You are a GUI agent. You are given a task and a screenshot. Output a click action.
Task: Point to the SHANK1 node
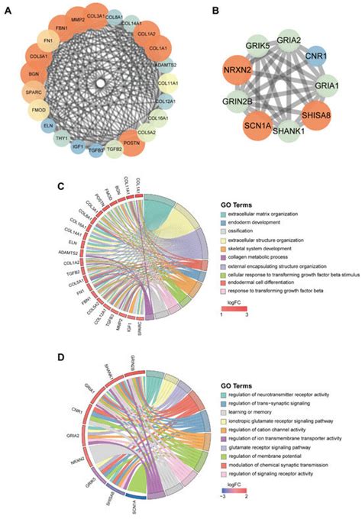(290, 133)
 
